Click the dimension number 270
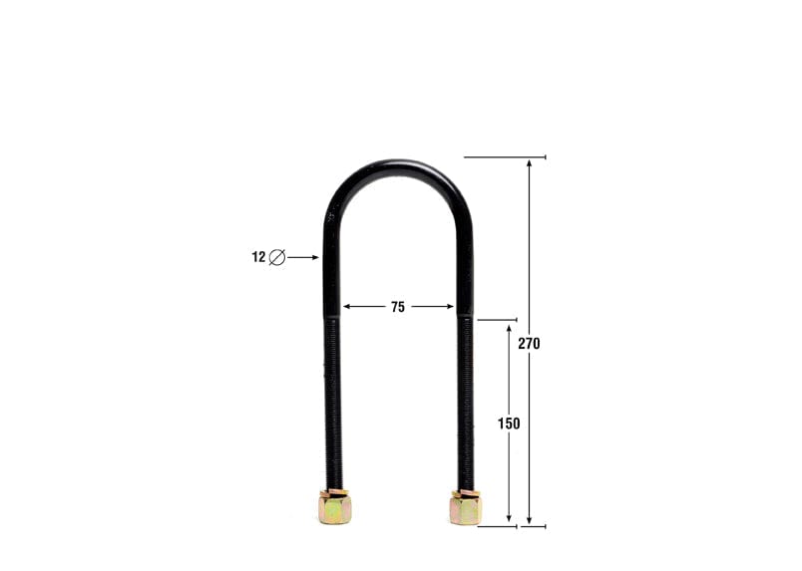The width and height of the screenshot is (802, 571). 529,343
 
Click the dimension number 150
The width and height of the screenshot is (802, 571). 509,424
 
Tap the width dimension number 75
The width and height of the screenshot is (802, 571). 398,307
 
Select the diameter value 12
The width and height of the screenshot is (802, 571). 258,257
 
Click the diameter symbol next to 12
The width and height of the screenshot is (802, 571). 277,257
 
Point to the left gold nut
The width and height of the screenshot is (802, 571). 334,507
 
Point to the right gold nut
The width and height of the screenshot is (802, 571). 465,507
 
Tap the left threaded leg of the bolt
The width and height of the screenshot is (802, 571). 333,399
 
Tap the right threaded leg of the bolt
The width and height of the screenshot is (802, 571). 465,399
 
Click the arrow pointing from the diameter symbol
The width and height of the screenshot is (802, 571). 303,257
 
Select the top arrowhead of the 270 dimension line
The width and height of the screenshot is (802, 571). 529,162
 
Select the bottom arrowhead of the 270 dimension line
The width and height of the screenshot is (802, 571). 529,520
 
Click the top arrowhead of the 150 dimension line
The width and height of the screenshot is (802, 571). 509,327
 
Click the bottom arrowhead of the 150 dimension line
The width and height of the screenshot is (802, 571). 509,520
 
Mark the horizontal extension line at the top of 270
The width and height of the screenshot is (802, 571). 505,156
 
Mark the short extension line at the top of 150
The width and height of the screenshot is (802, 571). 497,320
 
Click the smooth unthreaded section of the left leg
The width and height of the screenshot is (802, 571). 331,269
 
